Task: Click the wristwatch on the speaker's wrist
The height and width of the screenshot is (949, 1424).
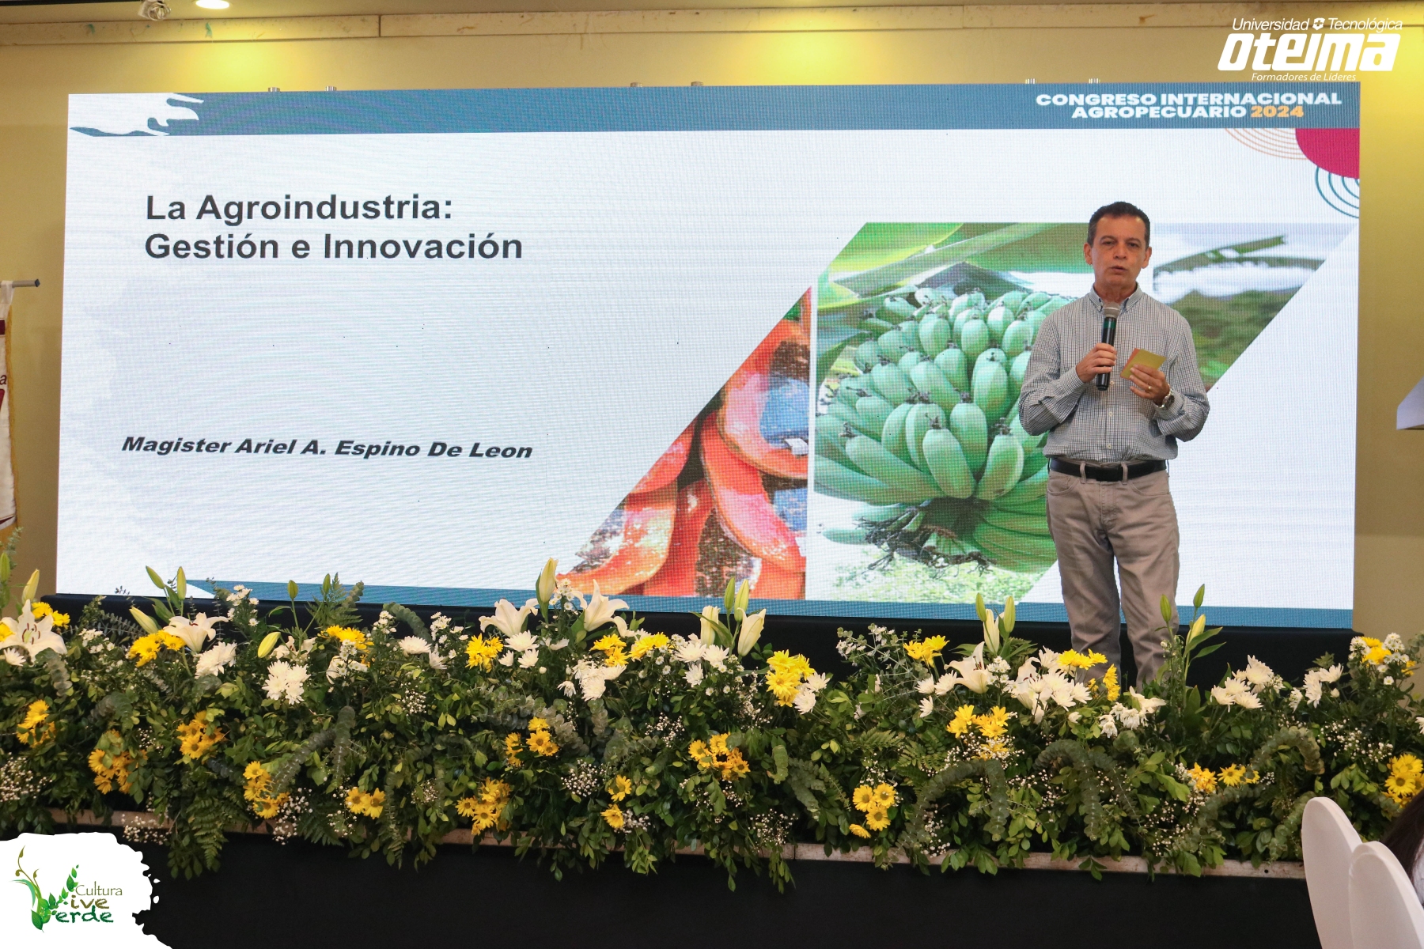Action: [x=1165, y=399]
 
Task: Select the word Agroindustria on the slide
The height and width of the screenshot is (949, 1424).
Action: [x=324, y=208]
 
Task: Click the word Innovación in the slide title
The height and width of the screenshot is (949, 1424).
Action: [x=422, y=247]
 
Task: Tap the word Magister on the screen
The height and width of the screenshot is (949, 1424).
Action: [x=176, y=445]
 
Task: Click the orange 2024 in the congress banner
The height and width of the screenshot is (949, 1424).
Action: [x=1277, y=112]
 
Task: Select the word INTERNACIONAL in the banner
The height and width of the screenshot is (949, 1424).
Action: [x=1250, y=99]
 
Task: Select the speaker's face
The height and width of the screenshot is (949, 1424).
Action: [x=1118, y=251]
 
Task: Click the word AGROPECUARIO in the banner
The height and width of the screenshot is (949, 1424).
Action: [x=1159, y=112]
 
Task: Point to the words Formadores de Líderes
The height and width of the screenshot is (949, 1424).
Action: [x=1303, y=77]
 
